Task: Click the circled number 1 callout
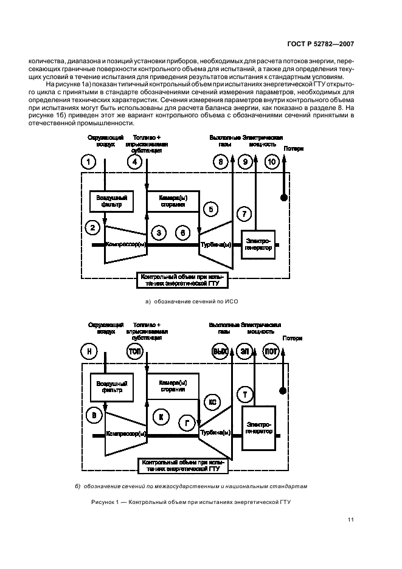click(x=89, y=162)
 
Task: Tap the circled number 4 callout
click(x=136, y=162)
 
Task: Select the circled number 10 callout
click(x=271, y=162)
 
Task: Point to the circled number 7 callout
click(x=243, y=214)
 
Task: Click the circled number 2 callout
click(x=92, y=228)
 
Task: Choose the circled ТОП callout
click(x=135, y=351)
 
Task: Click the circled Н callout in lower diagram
click(x=89, y=351)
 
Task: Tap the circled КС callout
click(x=212, y=402)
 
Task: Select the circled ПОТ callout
click(x=271, y=351)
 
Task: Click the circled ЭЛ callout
click(x=244, y=351)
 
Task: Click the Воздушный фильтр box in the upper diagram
click(x=111, y=201)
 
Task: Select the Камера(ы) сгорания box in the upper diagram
click(x=172, y=201)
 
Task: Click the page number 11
click(x=352, y=520)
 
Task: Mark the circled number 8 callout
click(x=220, y=162)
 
